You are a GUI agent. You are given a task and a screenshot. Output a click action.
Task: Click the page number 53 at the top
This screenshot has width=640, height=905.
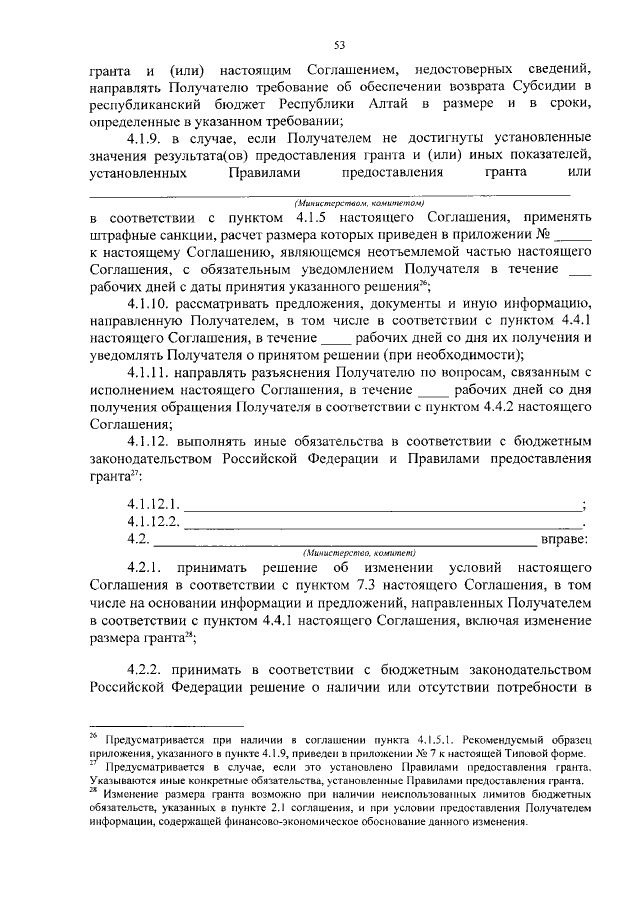[339, 44]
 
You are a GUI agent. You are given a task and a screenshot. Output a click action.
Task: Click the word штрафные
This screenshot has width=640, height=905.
[123, 236]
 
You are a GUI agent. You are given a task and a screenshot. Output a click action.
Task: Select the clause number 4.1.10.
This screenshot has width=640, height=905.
[153, 304]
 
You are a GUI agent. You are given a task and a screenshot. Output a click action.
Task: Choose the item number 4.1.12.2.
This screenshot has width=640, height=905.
[153, 521]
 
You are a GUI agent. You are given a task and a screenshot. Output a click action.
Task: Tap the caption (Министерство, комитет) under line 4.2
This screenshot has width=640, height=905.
[358, 552]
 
